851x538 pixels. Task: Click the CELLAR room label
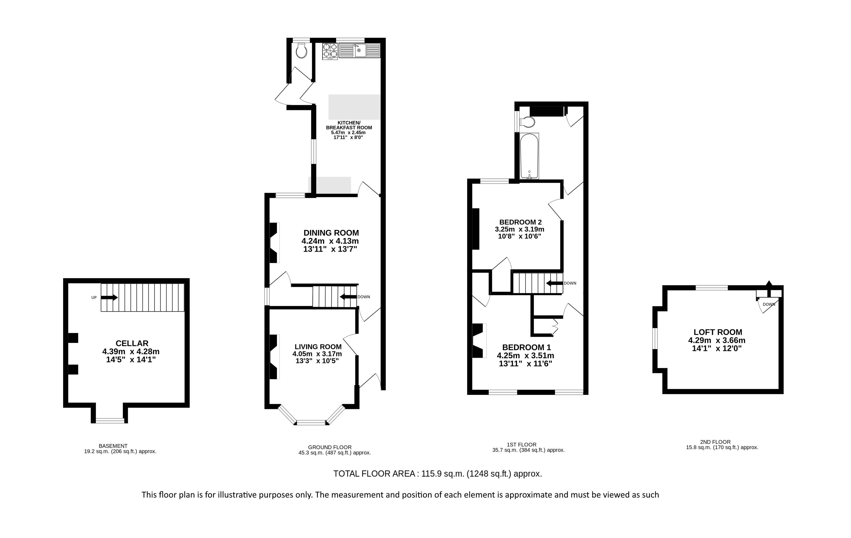[132, 343]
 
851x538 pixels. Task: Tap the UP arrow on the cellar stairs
[109, 297]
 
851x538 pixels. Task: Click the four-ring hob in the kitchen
[330, 51]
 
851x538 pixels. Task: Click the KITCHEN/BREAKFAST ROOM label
[349, 125]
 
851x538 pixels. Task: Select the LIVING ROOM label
[318, 347]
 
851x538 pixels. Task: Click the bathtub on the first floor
[529, 156]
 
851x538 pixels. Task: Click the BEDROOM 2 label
[520, 222]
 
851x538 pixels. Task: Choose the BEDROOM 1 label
[527, 347]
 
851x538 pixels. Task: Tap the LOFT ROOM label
[718, 332]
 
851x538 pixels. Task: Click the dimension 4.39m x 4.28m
[131, 351]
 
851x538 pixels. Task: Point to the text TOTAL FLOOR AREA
[374, 474]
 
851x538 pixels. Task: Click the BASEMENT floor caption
[113, 446]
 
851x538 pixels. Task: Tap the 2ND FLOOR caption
[720, 442]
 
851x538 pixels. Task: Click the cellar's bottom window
[110, 420]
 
